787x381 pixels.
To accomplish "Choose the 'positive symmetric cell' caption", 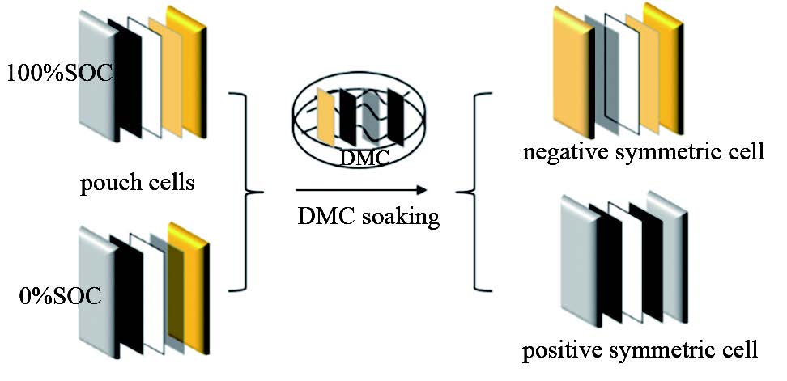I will click(640, 351).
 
